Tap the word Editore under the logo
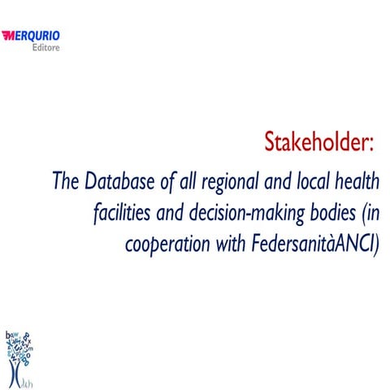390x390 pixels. pyautogui.click(x=44, y=48)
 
